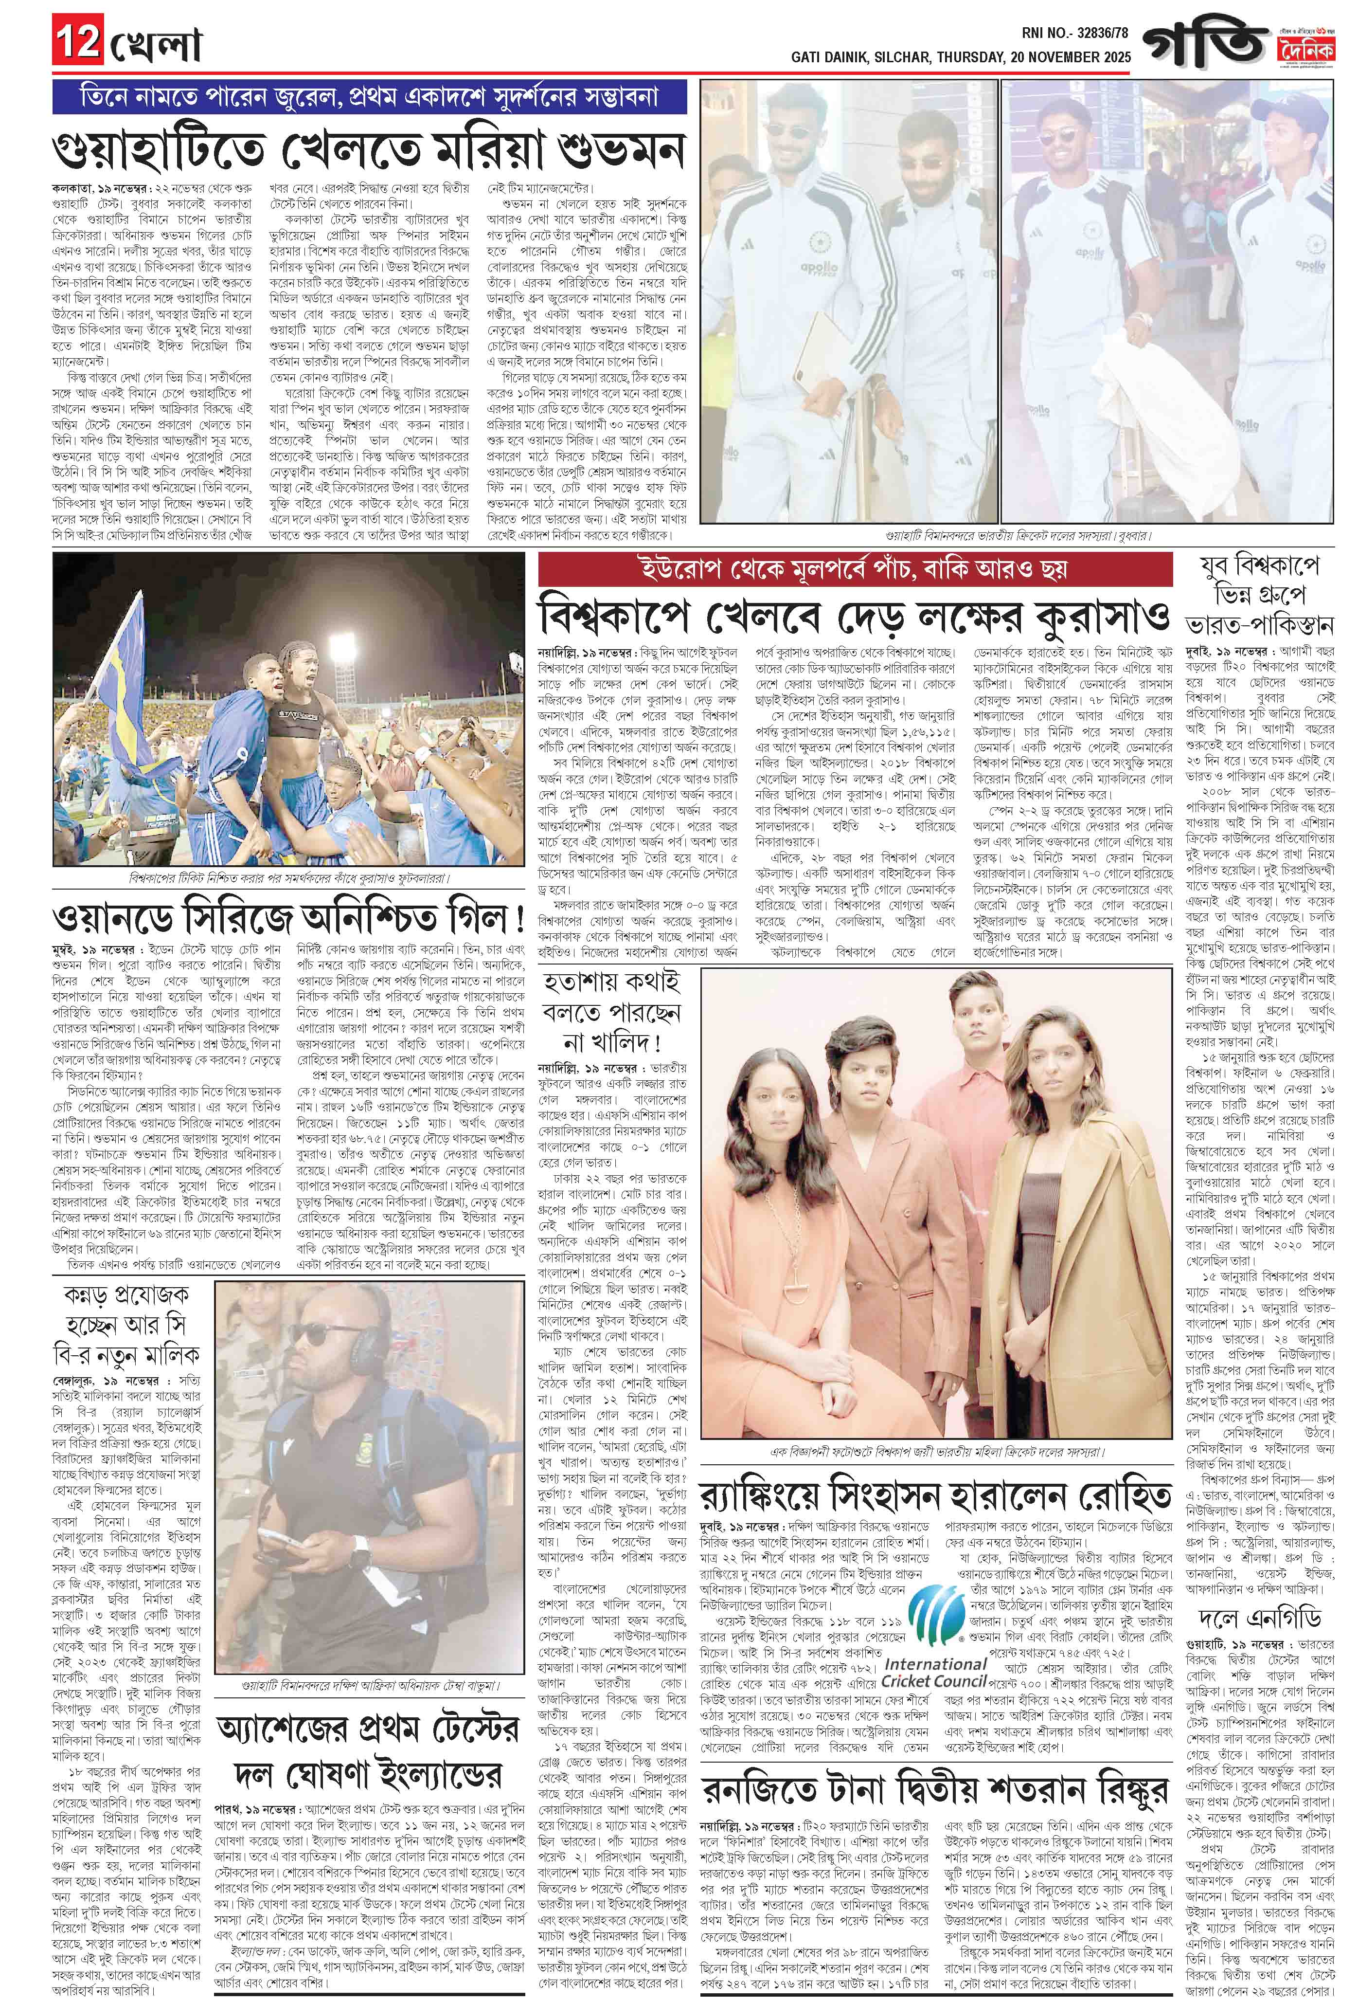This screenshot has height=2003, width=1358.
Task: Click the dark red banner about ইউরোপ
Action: (854, 570)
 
